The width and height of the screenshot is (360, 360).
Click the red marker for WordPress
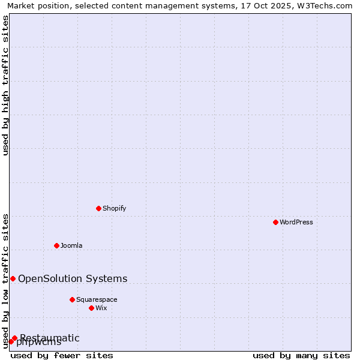point(275,222)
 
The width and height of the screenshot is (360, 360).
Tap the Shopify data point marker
point(98,208)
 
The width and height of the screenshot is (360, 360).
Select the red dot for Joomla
point(56,245)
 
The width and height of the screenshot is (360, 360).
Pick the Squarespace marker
point(72,299)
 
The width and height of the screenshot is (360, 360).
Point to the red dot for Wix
point(91,308)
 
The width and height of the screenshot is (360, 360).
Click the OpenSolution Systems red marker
point(13,278)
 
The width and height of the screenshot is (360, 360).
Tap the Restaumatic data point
point(14,338)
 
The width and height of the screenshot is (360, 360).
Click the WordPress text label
point(296,222)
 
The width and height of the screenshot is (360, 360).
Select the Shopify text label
point(114,208)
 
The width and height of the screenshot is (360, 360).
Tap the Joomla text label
point(71,245)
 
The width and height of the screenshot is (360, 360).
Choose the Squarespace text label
point(97,299)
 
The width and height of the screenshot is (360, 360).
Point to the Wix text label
point(101,308)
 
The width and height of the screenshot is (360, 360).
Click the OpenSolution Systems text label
point(73,278)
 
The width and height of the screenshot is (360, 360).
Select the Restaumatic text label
point(50,338)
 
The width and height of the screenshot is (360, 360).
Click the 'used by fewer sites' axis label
point(62,355)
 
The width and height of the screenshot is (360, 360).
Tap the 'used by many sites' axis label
point(301,355)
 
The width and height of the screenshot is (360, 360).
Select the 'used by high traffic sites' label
point(6,85)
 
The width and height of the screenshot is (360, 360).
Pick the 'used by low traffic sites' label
point(6,280)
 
